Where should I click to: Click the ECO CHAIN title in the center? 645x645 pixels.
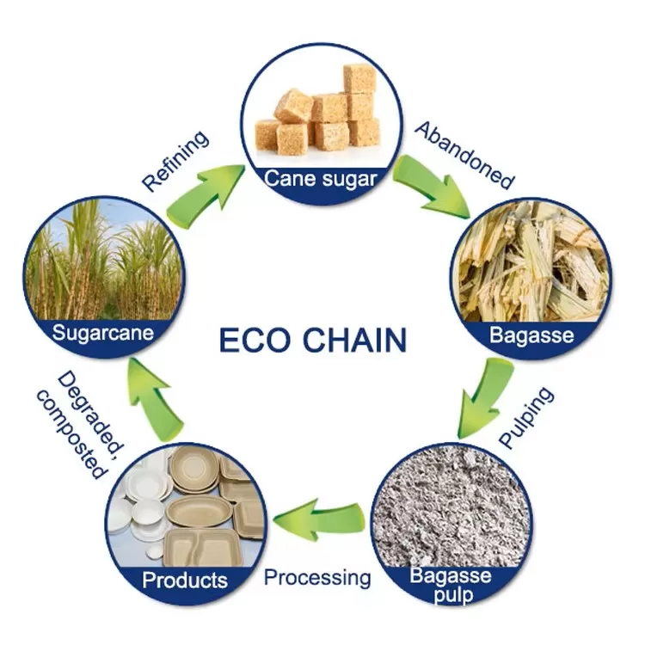(312, 340)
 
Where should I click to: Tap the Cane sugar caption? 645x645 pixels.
(320, 179)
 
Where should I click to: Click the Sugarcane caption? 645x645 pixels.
(103, 332)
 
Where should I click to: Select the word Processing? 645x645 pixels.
(317, 576)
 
